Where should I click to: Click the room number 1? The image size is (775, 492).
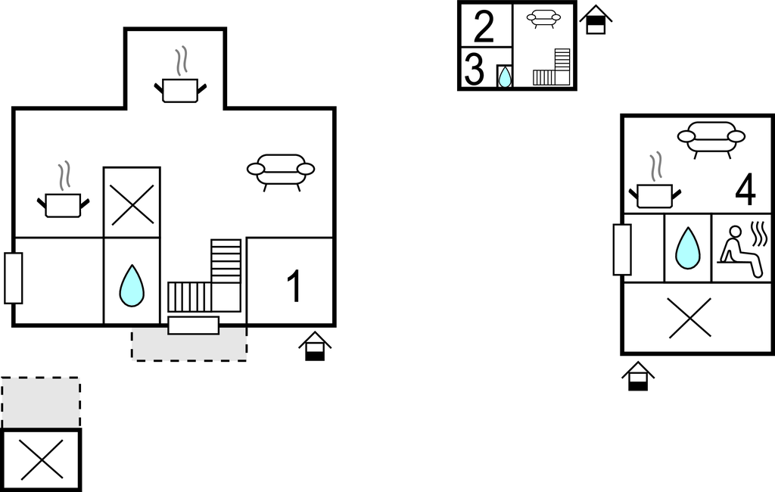(x=294, y=286)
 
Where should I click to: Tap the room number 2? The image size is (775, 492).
(x=484, y=26)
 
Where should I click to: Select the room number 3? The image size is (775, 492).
(x=474, y=70)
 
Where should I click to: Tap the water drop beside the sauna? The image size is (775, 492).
(x=687, y=248)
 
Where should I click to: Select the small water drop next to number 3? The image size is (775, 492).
(x=504, y=76)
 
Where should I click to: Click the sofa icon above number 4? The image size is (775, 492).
(x=711, y=139)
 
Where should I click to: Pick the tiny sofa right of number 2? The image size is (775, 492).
(x=543, y=19)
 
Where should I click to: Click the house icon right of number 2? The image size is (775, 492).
(x=596, y=20)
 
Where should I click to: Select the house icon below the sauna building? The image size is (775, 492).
(x=638, y=376)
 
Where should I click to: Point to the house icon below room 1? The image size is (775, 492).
(x=315, y=346)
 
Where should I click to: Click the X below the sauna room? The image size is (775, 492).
(x=690, y=319)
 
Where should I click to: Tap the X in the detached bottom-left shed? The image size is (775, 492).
(x=42, y=460)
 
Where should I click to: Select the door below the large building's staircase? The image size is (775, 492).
(x=193, y=325)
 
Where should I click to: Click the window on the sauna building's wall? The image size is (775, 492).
(x=622, y=249)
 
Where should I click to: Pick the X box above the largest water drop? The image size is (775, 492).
(x=132, y=203)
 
